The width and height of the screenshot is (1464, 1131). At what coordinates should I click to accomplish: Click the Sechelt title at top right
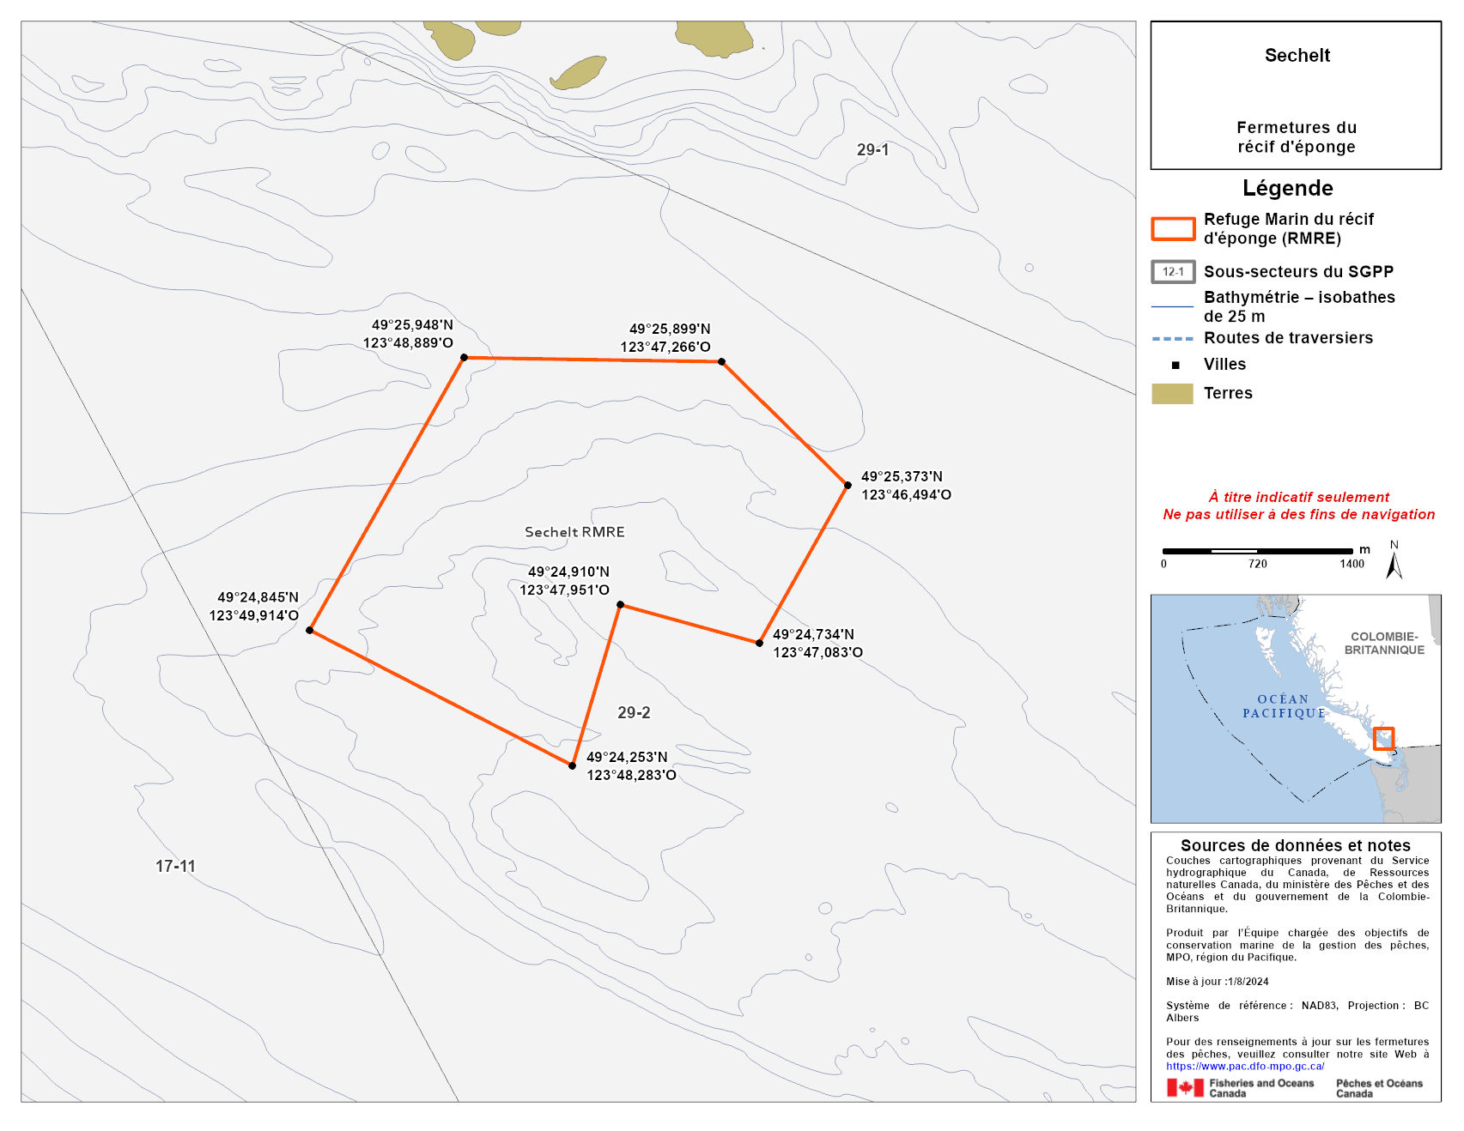1297,56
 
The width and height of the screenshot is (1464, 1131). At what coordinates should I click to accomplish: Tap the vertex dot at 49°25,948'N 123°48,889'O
464,357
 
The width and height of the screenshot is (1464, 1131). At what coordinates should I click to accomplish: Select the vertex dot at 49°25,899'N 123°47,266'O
721,362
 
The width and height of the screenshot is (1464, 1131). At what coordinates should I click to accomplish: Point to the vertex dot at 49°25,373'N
847,485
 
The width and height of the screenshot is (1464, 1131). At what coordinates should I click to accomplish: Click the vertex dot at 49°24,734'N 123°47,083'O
759,643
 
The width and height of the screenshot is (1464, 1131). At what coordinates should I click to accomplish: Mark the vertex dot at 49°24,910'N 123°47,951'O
620,604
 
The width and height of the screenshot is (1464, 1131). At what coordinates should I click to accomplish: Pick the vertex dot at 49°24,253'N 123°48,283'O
572,765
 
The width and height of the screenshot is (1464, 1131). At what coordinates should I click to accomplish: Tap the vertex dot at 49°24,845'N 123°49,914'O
309,630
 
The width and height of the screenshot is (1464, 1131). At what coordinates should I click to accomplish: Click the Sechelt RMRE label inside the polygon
574,532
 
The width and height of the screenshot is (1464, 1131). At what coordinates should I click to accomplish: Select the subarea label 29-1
872,150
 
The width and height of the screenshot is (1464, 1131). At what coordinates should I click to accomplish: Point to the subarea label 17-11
175,867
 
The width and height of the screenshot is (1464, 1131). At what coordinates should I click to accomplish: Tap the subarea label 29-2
634,713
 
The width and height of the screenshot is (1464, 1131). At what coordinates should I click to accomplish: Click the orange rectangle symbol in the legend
1172,229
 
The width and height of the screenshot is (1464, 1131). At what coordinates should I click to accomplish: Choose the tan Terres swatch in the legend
1172,394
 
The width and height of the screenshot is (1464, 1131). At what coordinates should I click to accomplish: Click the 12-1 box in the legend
1172,272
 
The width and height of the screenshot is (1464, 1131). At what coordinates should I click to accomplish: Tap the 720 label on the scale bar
1257,564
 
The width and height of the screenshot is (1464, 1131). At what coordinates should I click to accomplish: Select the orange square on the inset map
1382,738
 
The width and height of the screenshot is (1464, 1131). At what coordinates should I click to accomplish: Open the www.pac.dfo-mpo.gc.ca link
1245,1066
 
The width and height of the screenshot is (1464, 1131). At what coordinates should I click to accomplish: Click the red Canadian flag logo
1185,1088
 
